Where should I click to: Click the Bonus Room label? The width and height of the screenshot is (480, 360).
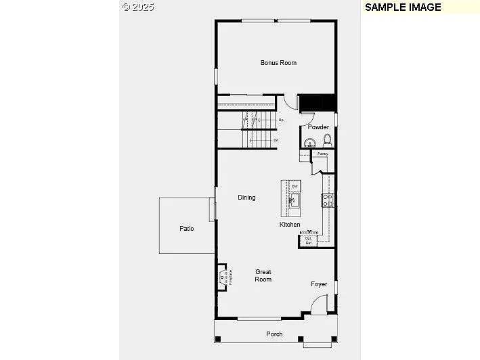point(278,63)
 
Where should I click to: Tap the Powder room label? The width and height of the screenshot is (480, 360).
point(318,127)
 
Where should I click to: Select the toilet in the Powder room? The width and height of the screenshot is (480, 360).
point(327,141)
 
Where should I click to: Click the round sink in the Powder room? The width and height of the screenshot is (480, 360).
point(309,143)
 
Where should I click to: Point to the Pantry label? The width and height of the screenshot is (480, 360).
point(322,154)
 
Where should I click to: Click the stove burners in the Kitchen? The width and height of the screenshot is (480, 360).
point(327,200)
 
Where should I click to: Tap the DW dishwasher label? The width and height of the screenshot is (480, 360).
point(294,186)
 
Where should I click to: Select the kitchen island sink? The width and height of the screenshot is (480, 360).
point(293,200)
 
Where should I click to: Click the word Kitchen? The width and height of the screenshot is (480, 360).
point(290,225)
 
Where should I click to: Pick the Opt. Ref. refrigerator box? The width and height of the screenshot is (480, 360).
point(309,240)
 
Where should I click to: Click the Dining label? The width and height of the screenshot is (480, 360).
point(246,198)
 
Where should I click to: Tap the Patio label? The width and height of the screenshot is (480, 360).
point(187,229)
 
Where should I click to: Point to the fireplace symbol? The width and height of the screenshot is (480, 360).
point(223,277)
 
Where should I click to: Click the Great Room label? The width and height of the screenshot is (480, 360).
point(263,275)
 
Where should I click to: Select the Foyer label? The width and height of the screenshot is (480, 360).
point(319,284)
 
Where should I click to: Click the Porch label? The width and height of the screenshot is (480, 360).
point(274,334)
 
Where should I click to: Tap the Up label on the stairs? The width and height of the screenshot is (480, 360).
point(280,120)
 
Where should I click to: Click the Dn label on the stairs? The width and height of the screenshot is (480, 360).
point(276,140)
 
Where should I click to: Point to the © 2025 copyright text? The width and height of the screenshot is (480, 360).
point(138,7)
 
